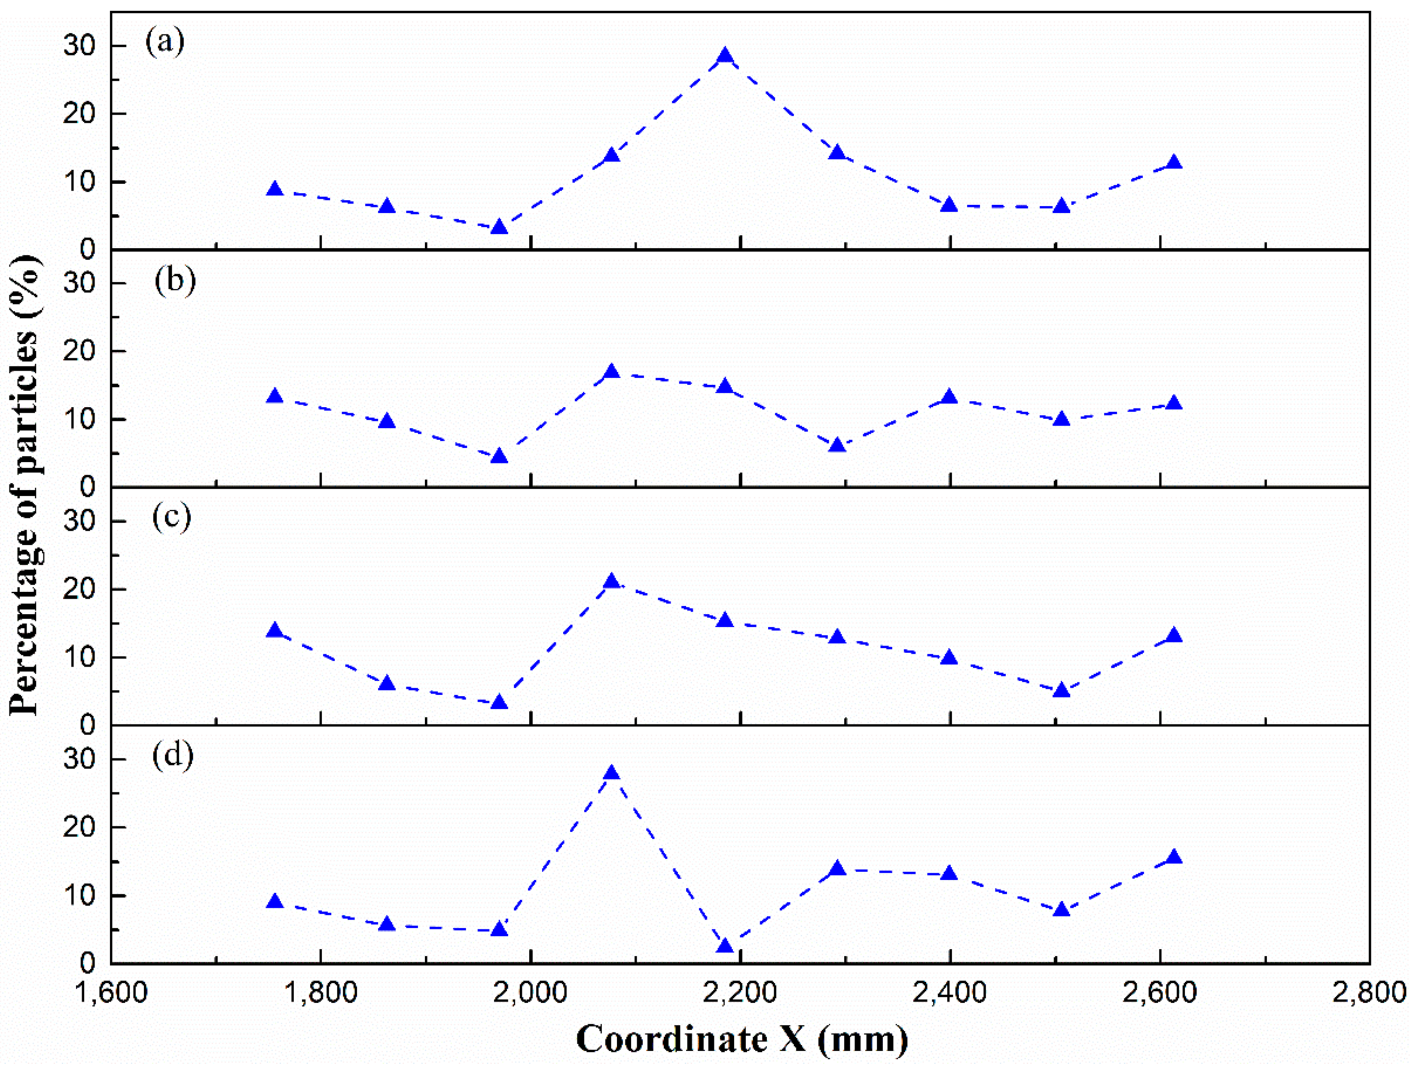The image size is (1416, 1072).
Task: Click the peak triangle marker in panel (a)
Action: coord(725,56)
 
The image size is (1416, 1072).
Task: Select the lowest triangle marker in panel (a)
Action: coord(499,227)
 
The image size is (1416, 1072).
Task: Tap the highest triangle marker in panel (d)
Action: coord(612,773)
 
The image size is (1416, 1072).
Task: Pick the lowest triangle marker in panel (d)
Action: coord(725,946)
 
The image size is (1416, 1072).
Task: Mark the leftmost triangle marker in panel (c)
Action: coord(275,631)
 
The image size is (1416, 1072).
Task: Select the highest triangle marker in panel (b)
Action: coord(612,372)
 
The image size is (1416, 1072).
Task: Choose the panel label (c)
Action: coord(171,518)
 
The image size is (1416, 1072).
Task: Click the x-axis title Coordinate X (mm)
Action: coord(741,1039)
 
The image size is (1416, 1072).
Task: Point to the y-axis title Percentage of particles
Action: coord(26,487)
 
